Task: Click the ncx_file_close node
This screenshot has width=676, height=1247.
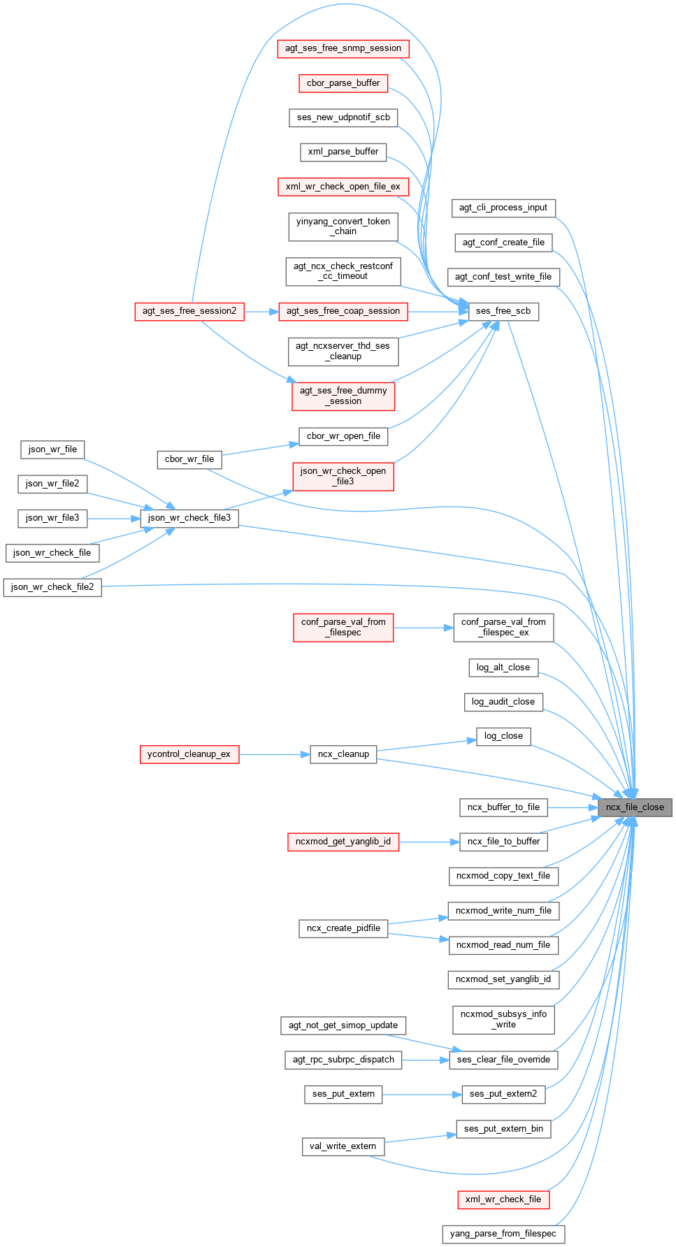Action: click(x=635, y=807)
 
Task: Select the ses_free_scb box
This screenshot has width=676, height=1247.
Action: click(x=503, y=311)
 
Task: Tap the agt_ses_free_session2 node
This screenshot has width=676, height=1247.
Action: click(x=189, y=311)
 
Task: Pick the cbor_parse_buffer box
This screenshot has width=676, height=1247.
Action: click(x=343, y=83)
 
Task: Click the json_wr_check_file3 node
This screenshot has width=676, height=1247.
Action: click(x=189, y=518)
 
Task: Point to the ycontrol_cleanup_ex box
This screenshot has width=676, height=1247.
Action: click(x=189, y=754)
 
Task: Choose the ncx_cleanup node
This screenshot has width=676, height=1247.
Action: click(x=343, y=754)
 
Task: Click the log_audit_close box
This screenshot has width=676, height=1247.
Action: click(x=503, y=702)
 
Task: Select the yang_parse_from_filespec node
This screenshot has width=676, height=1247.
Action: click(x=503, y=1234)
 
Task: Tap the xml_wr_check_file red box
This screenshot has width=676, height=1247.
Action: click(x=503, y=1199)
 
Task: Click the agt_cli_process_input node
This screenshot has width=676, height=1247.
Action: click(x=503, y=208)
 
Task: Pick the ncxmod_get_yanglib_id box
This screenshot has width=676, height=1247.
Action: click(x=343, y=842)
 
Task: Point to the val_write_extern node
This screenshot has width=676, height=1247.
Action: click(x=343, y=1146)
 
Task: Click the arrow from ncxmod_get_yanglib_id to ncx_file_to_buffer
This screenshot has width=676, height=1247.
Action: click(x=429, y=842)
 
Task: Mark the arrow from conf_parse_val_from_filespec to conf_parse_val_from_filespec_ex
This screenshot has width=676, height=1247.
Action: click(x=423, y=628)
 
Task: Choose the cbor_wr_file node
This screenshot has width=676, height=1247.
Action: click(x=189, y=459)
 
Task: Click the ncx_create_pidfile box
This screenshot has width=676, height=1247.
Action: click(x=343, y=928)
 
